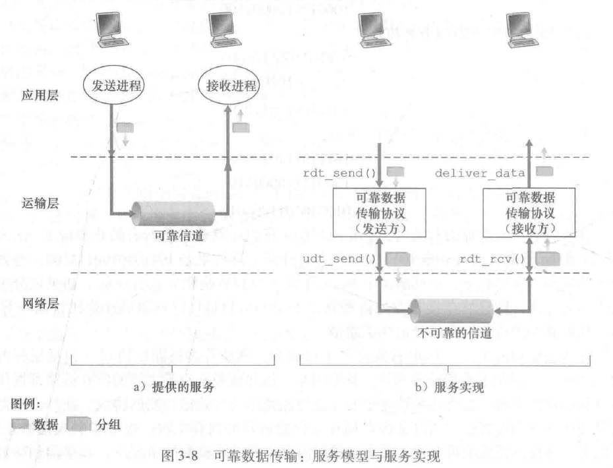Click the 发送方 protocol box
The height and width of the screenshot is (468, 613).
pyautogui.click(x=375, y=213)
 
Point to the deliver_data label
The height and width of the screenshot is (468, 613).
pyautogui.click(x=479, y=173)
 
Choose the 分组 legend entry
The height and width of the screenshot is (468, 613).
pyautogui.click(x=96, y=424)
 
